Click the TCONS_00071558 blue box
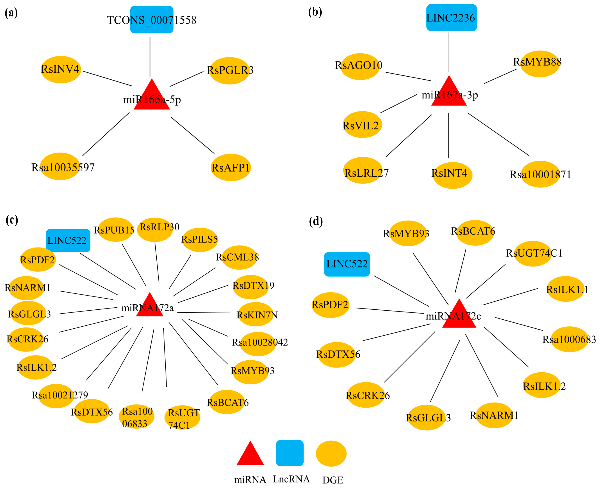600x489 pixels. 152,20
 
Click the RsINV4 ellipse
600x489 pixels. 61,70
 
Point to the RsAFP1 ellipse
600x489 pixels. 231,168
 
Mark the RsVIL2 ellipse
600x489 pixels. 362,125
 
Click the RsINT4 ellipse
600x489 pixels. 452,175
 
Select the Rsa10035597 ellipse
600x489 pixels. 60,167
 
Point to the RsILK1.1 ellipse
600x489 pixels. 565,289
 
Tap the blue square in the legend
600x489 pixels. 290,453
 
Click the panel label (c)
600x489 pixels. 12,220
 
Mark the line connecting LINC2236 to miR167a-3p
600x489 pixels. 449,52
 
